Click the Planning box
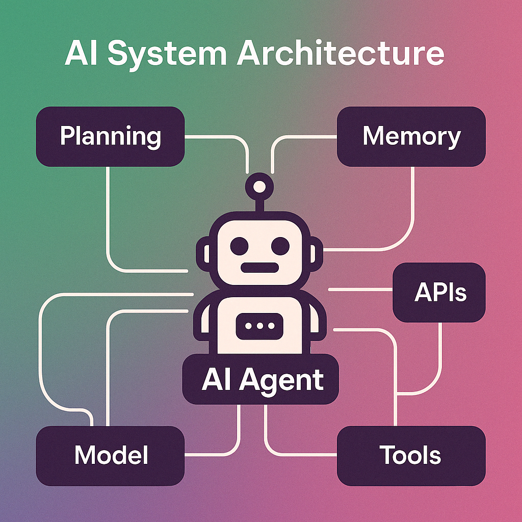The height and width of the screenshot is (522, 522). [110, 137]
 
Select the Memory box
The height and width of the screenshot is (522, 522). [411, 137]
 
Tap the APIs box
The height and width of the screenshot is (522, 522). [439, 292]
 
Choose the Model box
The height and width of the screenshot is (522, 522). [110, 456]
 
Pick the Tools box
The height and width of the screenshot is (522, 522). [411, 456]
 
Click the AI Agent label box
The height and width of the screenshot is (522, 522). [260, 379]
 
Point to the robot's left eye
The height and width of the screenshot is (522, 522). [240, 246]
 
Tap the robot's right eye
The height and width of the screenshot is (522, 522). [280, 246]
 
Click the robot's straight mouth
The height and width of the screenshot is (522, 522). [259, 268]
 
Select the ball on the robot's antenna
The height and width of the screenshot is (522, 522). [259, 187]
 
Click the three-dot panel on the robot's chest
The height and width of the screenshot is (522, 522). [259, 326]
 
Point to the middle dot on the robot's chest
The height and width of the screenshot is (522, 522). [259, 326]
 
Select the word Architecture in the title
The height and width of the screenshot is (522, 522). [341, 53]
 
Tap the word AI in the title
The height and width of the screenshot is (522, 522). [81, 53]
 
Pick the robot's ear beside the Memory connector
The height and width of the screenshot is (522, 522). [316, 254]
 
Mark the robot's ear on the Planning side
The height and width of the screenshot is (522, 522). [203, 254]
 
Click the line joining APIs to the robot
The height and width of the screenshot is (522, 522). [360, 290]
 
